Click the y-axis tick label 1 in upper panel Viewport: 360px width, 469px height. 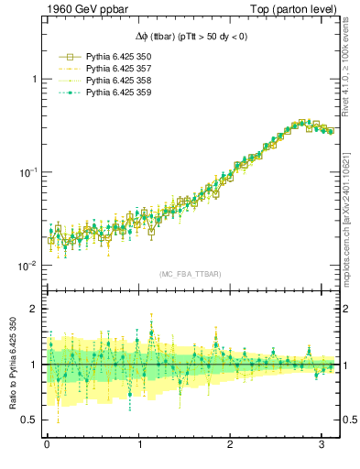pyautogui.click(x=33, y=80)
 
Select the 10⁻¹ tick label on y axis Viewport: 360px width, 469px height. pyautogui.click(x=28, y=172)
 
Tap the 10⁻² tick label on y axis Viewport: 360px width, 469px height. pyautogui.click(x=28, y=266)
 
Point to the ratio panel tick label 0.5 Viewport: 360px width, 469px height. pyautogui.click(x=29, y=420)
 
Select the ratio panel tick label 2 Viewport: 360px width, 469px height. pyautogui.click(x=33, y=309)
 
